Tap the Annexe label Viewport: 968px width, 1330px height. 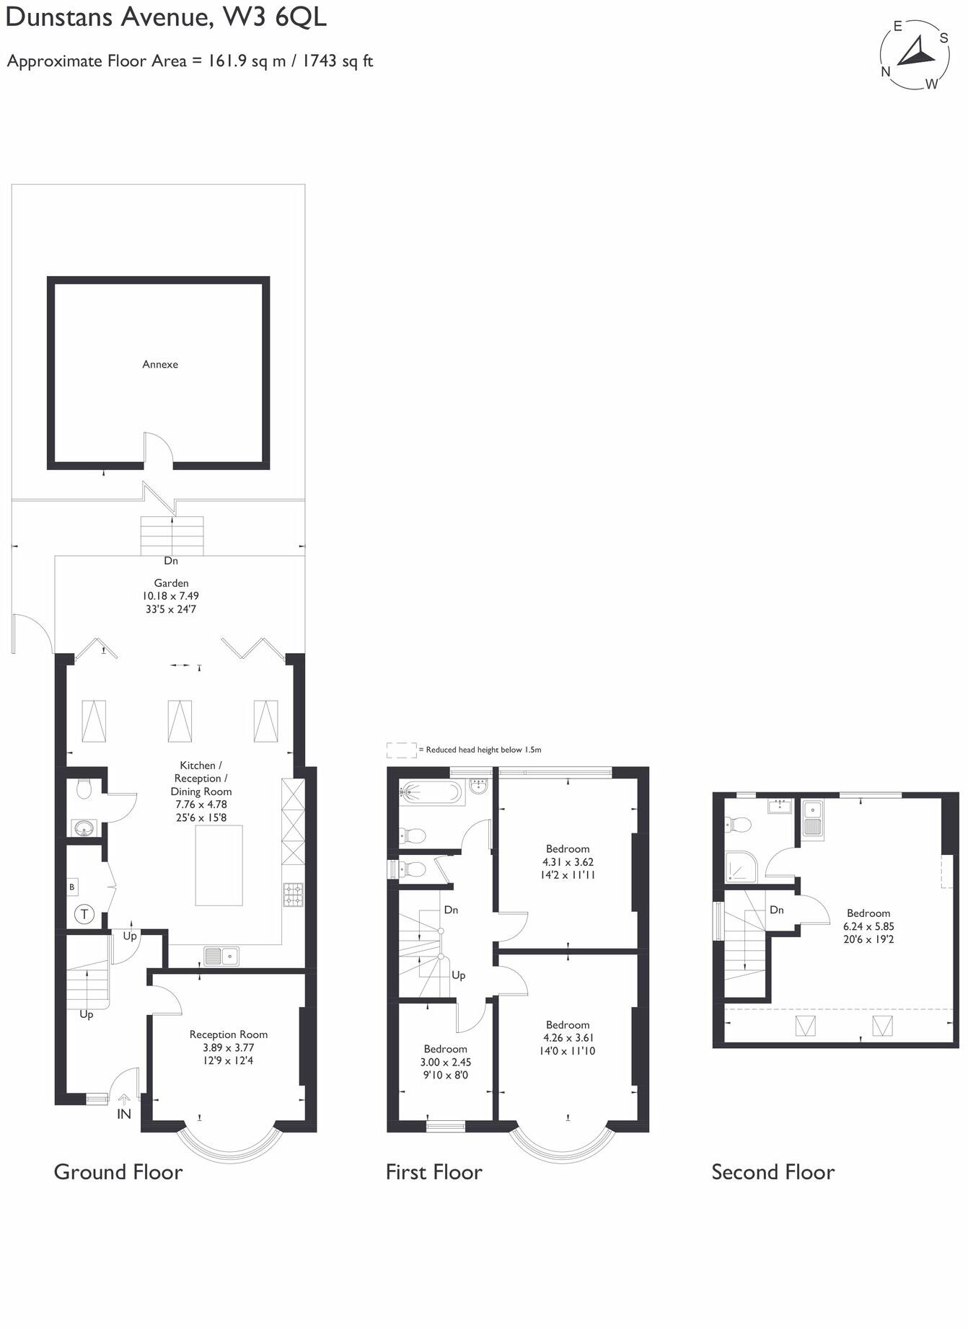click(x=160, y=364)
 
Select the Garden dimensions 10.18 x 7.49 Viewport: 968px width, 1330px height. click(x=171, y=596)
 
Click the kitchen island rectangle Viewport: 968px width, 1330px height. click(x=219, y=865)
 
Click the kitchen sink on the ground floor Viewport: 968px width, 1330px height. click(x=221, y=956)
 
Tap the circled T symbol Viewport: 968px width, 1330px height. click(x=84, y=915)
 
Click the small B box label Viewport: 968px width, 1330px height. click(x=71, y=887)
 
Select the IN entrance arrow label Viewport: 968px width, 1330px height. click(x=124, y=1113)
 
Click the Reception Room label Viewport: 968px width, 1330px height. click(x=229, y=1034)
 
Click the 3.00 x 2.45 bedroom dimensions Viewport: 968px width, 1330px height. click(x=445, y=1062)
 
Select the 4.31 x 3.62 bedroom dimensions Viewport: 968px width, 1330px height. click(x=568, y=862)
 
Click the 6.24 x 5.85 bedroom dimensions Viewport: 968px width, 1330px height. click(x=868, y=926)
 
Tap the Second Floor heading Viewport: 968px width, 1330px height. click(x=773, y=1172)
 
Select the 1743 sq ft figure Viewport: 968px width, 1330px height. click(x=337, y=61)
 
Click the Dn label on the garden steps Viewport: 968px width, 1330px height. click(x=171, y=561)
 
